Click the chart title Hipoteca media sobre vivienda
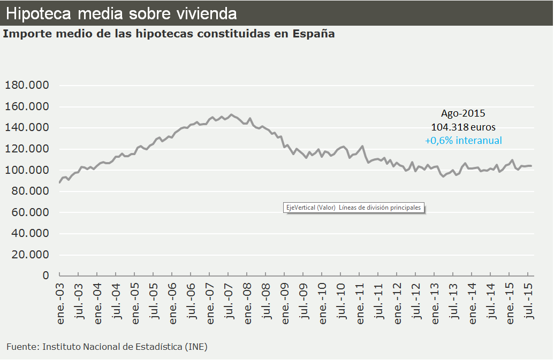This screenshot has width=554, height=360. (x=123, y=13)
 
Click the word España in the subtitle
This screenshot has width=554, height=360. (x=314, y=34)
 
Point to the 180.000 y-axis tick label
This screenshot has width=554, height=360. (x=27, y=86)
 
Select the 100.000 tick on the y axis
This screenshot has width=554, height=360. (x=27, y=170)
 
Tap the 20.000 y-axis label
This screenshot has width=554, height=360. (x=29, y=255)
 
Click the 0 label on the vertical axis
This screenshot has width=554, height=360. (x=46, y=275)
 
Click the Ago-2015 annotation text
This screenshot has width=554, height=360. (x=463, y=113)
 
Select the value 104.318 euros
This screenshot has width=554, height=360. (x=463, y=127)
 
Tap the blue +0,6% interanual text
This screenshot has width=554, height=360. (x=463, y=141)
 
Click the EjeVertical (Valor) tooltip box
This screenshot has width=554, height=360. (x=353, y=208)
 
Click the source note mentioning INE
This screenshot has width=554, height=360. (x=107, y=347)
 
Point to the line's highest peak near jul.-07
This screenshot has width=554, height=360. (x=231, y=114)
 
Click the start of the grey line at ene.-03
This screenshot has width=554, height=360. (x=59, y=182)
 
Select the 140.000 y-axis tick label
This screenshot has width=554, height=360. (x=27, y=128)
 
